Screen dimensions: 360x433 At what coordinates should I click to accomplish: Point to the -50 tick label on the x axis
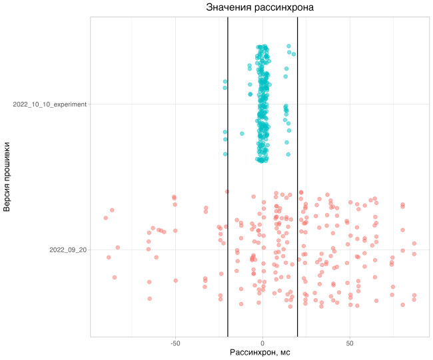pyautogui.click(x=175, y=343)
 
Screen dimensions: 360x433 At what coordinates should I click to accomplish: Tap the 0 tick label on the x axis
pyautogui.click(x=262, y=343)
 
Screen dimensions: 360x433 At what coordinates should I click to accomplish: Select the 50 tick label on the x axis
pyautogui.click(x=350, y=343)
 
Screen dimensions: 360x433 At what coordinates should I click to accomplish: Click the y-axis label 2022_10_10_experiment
pyautogui.click(x=49, y=104)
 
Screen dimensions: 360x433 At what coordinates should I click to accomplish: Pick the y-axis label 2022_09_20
pyautogui.click(x=68, y=250)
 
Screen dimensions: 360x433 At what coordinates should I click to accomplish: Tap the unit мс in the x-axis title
pyautogui.click(x=284, y=352)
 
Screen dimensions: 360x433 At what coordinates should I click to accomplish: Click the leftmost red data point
pyautogui.click(x=105, y=218)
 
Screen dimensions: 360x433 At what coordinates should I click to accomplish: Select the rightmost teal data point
pyautogui.click(x=294, y=53)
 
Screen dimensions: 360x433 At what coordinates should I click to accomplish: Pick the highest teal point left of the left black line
pyautogui.click(x=226, y=81)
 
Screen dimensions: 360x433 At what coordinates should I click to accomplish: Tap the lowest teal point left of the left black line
pyautogui.click(x=225, y=154)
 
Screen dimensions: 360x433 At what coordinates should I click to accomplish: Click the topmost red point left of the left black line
pyautogui.click(x=227, y=192)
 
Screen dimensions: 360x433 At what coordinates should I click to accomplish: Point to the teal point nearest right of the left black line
pyautogui.click(x=241, y=132)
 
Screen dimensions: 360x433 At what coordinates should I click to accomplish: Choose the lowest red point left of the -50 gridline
pyautogui.click(x=149, y=298)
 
